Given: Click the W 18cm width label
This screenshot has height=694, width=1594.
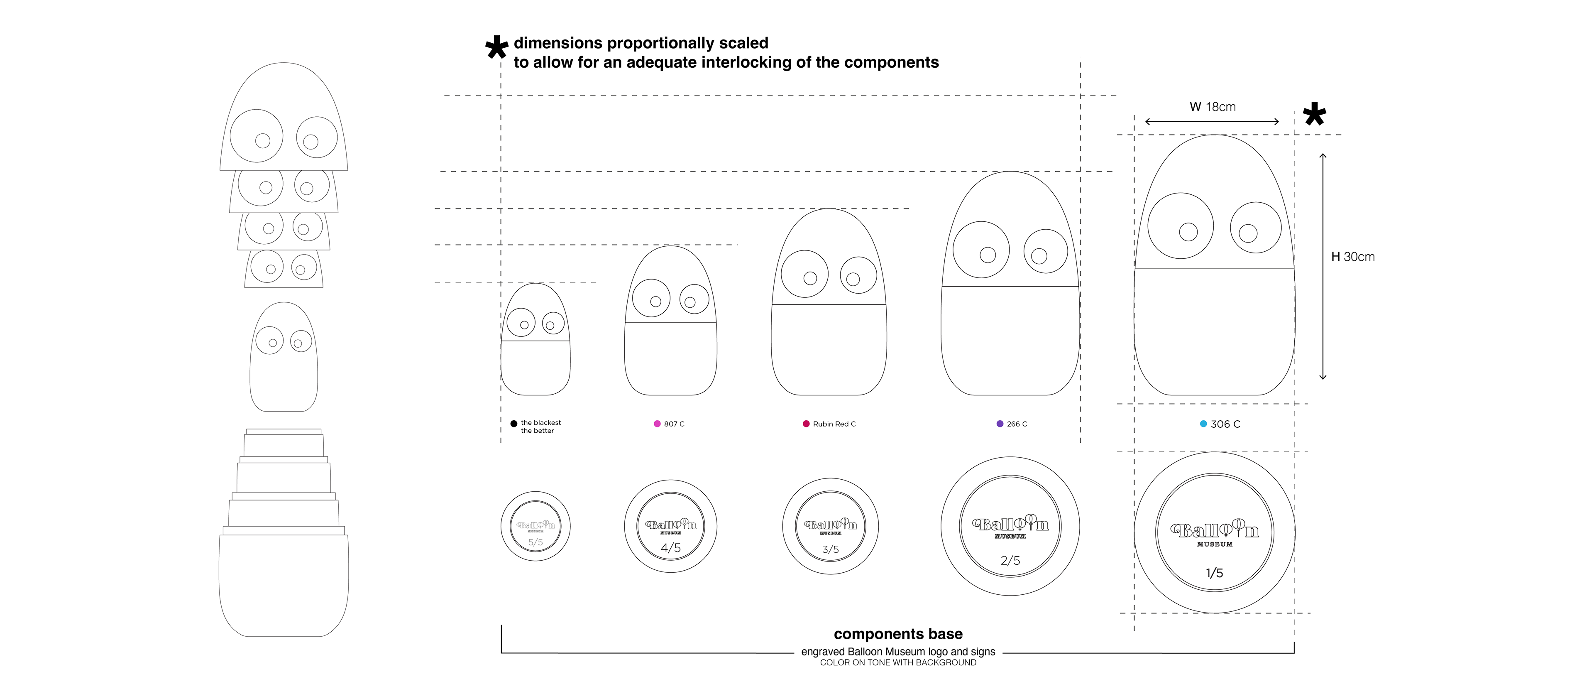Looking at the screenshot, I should pos(1212,106).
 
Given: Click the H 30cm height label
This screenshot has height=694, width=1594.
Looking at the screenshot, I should pos(1353,256).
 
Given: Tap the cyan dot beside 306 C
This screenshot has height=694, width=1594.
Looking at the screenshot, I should pos(1203,424).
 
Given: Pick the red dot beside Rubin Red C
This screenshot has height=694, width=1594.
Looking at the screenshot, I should pos(806,424).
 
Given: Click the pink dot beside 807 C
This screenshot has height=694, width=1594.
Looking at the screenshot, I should pos(657,424).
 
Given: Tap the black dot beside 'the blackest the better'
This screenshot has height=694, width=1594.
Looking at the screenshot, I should pos(513,424).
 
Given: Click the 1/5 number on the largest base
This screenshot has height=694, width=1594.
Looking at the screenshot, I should pos(1214,573).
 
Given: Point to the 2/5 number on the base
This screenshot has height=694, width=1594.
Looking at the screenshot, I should pos(1010,560).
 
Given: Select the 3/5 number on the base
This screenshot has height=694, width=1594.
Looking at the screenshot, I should pos(830,549).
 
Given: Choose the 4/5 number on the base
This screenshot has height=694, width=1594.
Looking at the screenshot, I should pos(671,548).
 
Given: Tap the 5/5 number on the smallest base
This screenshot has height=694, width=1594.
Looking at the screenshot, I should pos(535,542).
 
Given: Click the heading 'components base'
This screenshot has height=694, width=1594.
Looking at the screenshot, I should pos(898,634).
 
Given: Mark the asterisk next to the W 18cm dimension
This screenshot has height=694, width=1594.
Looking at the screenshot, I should pos(1314,115).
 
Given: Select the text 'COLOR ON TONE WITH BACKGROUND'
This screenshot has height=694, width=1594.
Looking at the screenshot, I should pos(898,662).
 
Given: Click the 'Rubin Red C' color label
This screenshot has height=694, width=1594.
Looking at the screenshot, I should pos(834,424).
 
